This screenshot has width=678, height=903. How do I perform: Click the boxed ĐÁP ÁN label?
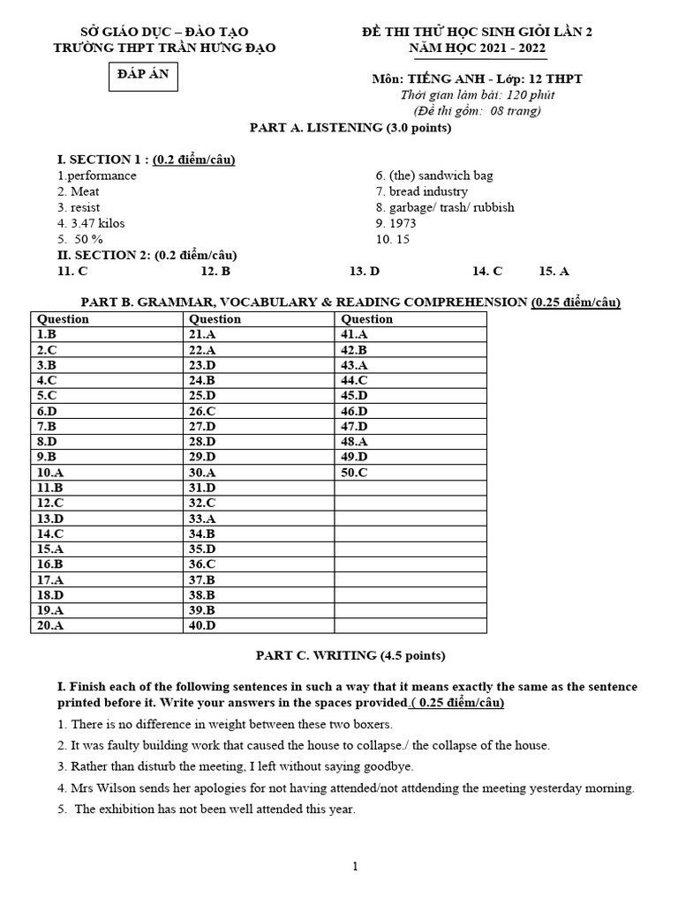(x=141, y=76)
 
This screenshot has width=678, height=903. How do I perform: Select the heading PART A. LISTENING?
(x=350, y=128)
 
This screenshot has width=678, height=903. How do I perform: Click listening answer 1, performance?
(x=97, y=175)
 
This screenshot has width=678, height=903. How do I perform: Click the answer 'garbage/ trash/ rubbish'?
(x=445, y=207)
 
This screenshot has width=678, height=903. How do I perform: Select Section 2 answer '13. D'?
(x=365, y=272)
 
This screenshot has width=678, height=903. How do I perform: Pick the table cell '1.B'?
(x=47, y=335)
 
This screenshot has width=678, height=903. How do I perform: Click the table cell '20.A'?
(x=50, y=625)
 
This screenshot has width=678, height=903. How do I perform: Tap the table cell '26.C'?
(x=202, y=411)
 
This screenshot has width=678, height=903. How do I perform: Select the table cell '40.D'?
(x=202, y=625)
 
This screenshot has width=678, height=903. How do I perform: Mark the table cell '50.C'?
(x=355, y=473)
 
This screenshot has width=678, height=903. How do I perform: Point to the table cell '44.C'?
(x=355, y=381)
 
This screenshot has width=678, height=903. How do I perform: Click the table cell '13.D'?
(x=50, y=519)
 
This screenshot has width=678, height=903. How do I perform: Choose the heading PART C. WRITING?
(x=350, y=655)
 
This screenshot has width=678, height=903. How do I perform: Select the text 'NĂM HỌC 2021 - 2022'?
(x=478, y=48)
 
